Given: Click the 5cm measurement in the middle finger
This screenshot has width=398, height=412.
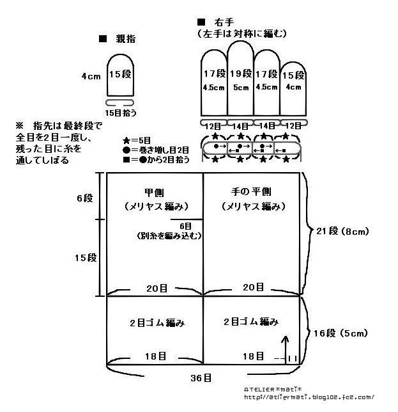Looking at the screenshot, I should pos(241,88).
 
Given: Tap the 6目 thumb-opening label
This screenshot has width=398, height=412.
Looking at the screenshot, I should pos(185,226).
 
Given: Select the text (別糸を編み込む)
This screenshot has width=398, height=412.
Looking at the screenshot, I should pos(169,235).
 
